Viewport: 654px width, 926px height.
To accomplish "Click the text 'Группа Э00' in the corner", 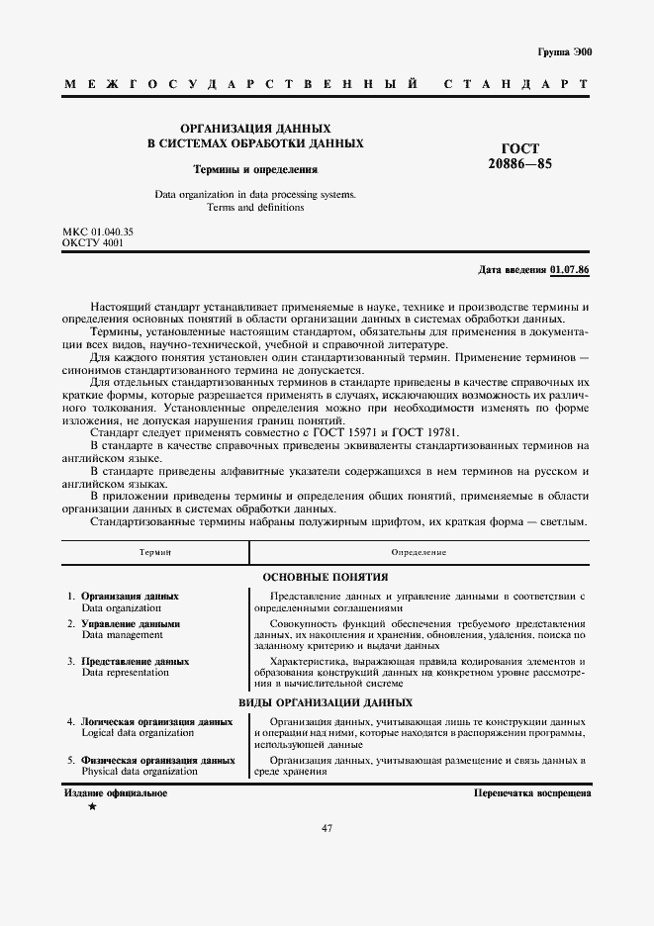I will (565, 49).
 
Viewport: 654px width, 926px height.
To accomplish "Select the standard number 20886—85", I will (519, 164).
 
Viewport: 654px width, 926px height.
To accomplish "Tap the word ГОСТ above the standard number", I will (520, 148).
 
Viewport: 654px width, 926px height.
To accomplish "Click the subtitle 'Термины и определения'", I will (254, 169).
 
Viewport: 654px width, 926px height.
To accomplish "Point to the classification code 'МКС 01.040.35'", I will (98, 231).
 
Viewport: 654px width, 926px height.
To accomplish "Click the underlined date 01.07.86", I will (570, 269).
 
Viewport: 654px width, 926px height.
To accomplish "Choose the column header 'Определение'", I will (419, 551).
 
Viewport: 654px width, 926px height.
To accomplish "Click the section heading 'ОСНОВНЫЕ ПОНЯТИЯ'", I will (325, 577).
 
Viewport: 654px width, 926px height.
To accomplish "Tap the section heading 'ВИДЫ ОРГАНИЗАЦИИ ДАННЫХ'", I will (326, 702).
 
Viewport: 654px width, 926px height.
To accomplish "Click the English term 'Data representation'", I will (125, 673).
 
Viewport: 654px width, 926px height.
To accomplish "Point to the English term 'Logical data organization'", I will (138, 733).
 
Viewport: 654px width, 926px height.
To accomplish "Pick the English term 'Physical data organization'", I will (140, 771).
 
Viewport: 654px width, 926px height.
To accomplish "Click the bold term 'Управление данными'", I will (131, 624).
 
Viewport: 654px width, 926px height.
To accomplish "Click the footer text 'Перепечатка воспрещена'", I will (532, 793).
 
